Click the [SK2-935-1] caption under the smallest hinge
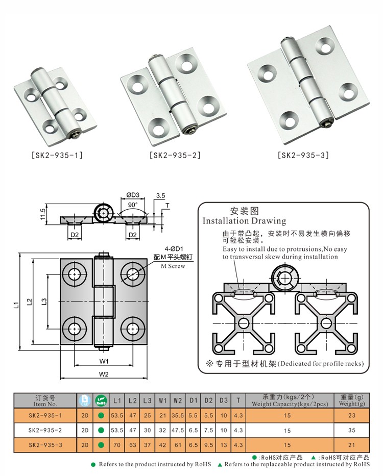[57, 155]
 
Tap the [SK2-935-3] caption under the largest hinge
[303, 155]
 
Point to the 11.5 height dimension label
[43, 214]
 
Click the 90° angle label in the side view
[133, 205]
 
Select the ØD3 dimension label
[133, 195]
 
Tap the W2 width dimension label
[104, 374]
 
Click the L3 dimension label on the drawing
[44, 302]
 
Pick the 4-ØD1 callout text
[174, 249]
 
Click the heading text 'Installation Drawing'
[245, 221]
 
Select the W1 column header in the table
[162, 400]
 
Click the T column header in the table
[238, 400]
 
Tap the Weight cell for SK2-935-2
[352, 430]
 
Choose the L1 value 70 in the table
[117, 445]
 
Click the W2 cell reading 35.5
[178, 415]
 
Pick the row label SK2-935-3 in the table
[45, 445]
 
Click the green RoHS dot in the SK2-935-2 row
[101, 430]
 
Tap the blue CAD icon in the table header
[85, 400]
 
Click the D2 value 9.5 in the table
[208, 445]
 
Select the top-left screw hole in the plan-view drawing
[74, 274]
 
